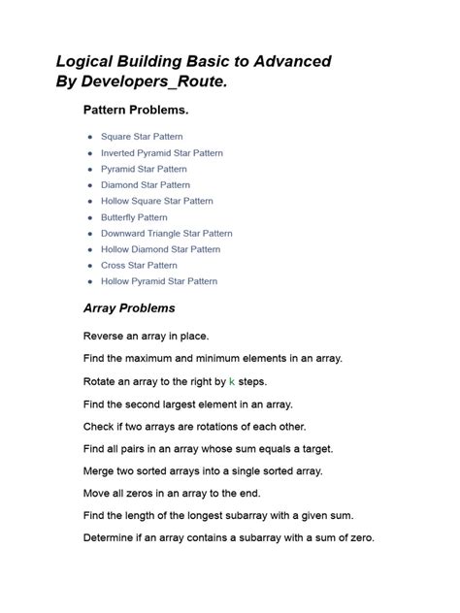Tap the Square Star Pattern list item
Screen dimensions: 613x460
point(142,137)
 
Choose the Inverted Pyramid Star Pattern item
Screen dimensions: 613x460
point(161,153)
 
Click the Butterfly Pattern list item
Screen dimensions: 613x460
point(134,217)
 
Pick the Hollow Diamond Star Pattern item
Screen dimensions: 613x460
point(160,249)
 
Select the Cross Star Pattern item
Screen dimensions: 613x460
point(139,265)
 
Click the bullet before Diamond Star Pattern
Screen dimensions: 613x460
point(90,185)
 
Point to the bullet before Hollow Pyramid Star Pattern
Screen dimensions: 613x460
point(90,281)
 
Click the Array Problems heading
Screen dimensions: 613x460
point(129,308)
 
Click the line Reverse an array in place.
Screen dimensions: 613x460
point(146,336)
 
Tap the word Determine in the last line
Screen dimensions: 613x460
point(112,537)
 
